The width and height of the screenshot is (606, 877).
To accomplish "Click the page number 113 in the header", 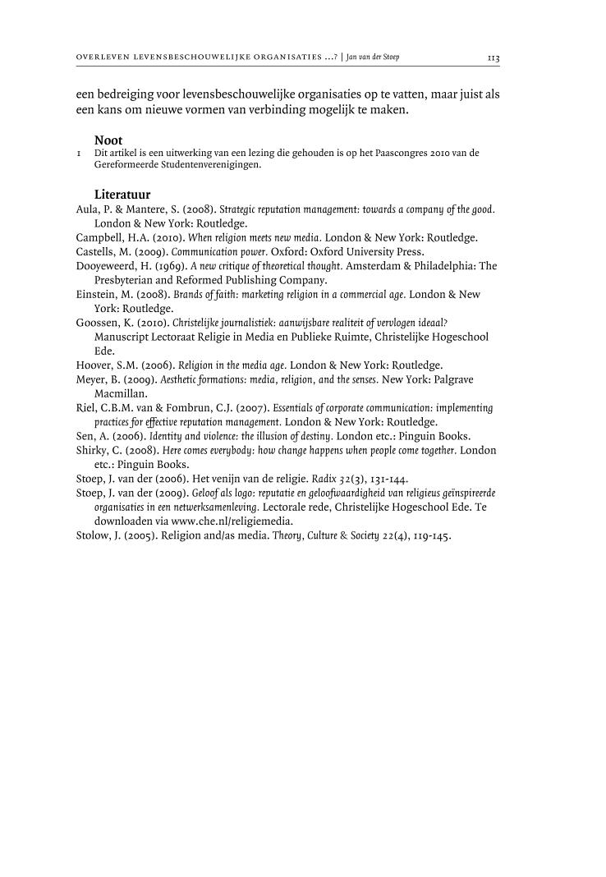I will tap(494, 58).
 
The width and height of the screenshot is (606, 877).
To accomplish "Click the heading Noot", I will tap(108, 140).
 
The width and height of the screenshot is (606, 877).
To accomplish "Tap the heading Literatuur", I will tap(122, 195).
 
